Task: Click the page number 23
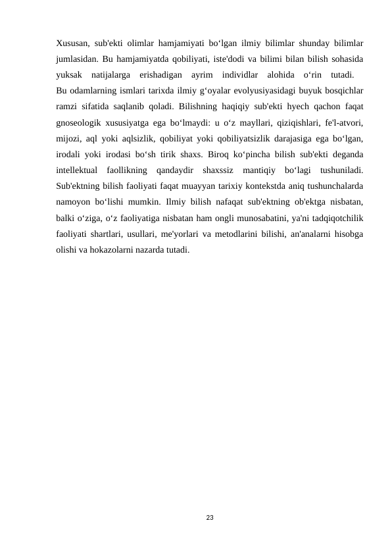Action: (209, 518)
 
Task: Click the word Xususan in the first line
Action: (72, 43)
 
